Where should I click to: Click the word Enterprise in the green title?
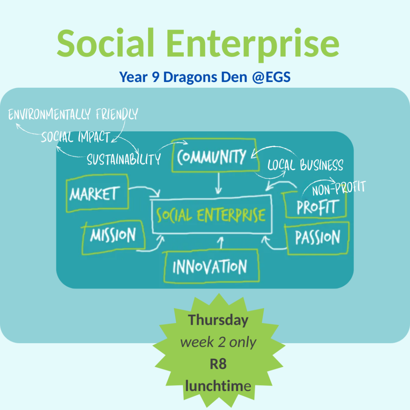pyautogui.click(x=253, y=45)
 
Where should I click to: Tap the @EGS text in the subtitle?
pyautogui.click(x=271, y=77)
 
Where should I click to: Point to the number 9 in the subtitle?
pyautogui.click(x=156, y=77)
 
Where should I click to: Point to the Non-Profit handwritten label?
pyautogui.click(x=339, y=188)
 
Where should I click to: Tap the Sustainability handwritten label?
pyautogui.click(x=124, y=159)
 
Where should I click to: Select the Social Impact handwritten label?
pyautogui.click(x=76, y=137)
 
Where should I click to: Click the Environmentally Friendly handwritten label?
pyautogui.click(x=73, y=114)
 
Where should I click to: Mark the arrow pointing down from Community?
pyautogui.click(x=219, y=183)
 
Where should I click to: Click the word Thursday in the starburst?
pyautogui.click(x=218, y=320)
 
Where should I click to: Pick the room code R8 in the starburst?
pyautogui.click(x=218, y=364)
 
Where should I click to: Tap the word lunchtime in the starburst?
pyautogui.click(x=218, y=386)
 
